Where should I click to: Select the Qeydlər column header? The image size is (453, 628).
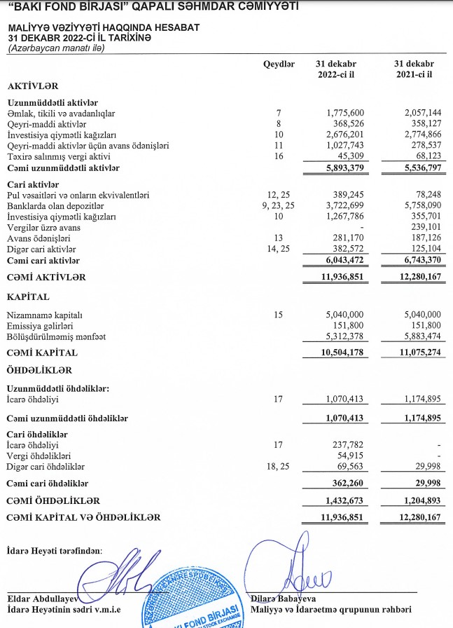[279, 64]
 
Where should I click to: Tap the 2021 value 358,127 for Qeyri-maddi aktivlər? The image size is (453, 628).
[424, 124]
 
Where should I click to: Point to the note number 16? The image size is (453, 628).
[279, 156]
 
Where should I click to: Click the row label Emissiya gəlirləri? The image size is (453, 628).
[41, 326]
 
